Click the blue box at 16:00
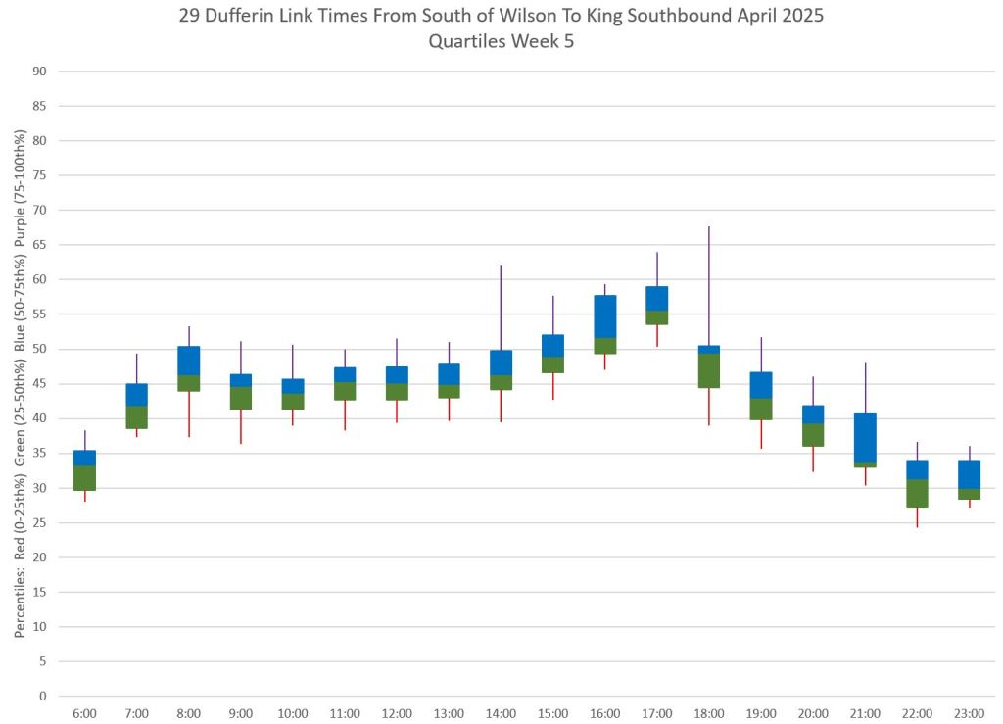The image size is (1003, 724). click(x=604, y=316)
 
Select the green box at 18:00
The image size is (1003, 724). click(x=708, y=370)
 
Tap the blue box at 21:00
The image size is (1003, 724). click(x=865, y=438)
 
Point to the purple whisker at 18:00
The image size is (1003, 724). click(x=708, y=285)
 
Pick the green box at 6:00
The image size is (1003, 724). click(x=84, y=477)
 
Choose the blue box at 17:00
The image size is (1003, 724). click(x=656, y=298)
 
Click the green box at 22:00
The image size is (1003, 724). click(x=917, y=494)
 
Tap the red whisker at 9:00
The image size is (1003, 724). click(x=240, y=426)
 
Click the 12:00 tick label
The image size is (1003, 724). click(x=397, y=713)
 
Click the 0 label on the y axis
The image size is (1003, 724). click(x=42, y=697)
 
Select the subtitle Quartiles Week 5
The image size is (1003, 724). click(x=501, y=40)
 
